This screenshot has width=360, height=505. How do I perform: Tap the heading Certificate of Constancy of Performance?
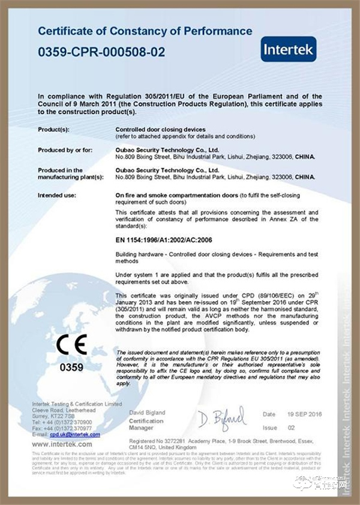point(145,31)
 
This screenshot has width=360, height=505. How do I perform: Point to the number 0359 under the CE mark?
point(72,366)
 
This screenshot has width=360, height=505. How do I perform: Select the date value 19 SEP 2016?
point(305,414)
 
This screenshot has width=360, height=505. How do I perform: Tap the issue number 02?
point(292,428)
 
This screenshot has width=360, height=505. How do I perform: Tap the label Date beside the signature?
point(269,414)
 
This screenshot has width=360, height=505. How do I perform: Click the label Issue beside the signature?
point(270,428)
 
